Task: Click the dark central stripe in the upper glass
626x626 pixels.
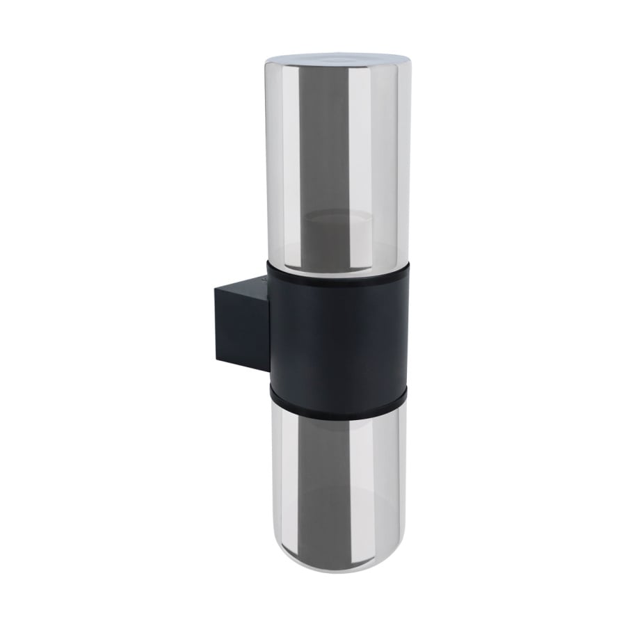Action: point(327,153)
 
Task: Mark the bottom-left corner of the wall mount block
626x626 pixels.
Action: point(217,360)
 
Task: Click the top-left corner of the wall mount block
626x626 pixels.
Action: point(216,291)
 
